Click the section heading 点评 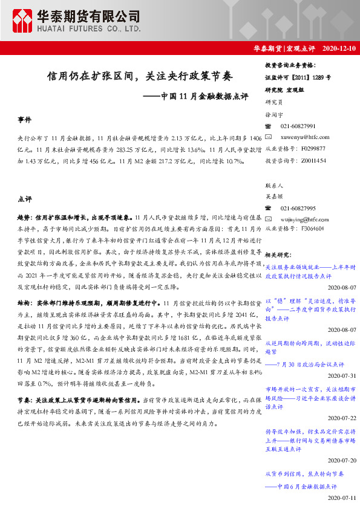point(25,198)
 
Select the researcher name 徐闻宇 point(273,114)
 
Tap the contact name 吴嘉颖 point(273,196)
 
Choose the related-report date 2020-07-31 point(343,374)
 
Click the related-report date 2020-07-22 point(343,417)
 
